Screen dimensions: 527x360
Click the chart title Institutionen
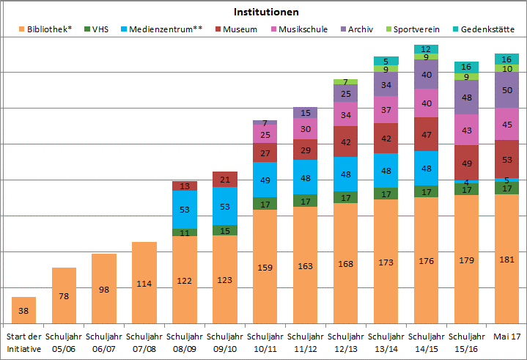point(266,12)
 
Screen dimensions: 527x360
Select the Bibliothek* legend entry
point(45,29)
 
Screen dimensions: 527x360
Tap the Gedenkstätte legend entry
point(483,29)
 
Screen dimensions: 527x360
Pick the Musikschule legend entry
point(299,29)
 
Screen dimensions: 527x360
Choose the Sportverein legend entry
point(413,29)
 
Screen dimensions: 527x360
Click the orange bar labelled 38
point(23,310)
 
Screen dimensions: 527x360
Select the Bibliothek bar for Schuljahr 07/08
point(144,283)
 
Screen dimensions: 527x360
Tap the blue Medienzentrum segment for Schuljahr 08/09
point(185,210)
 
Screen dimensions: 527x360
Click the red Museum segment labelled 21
point(225,179)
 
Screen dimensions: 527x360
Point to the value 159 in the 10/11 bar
point(265,268)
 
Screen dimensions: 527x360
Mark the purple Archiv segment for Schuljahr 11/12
point(305,113)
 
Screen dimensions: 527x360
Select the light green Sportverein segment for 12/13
point(345,81)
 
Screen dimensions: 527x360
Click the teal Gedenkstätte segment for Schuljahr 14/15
point(426,49)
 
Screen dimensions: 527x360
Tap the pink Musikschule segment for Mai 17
point(506,124)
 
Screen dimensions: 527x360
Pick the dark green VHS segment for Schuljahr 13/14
point(386,194)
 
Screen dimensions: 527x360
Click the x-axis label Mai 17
point(506,336)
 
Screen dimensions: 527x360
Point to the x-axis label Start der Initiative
point(23,342)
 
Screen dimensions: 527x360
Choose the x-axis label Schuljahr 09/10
point(225,342)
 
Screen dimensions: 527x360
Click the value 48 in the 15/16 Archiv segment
point(466,98)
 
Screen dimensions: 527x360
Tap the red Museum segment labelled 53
point(506,159)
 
